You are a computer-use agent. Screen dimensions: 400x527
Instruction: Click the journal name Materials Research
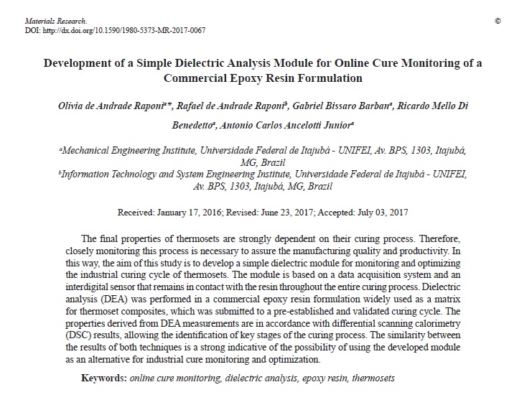(x=46, y=22)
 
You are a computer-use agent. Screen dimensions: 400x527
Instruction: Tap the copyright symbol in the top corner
(x=498, y=22)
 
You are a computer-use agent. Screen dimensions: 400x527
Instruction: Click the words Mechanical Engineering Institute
(x=125, y=152)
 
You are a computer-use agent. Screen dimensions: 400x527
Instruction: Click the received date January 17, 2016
(x=182, y=213)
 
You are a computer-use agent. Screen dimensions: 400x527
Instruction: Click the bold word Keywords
(x=105, y=377)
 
